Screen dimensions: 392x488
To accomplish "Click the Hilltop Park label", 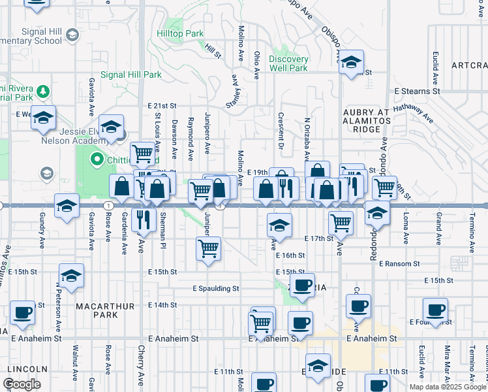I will pos(181,33).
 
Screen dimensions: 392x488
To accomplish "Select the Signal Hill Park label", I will pos(131,75).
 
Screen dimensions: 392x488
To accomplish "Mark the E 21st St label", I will pos(162,105).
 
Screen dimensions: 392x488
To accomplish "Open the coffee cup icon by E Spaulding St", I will pos(302,285).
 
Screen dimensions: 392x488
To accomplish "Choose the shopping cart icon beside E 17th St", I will pos(341,223).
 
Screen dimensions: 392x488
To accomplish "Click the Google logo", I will pos(22,384).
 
